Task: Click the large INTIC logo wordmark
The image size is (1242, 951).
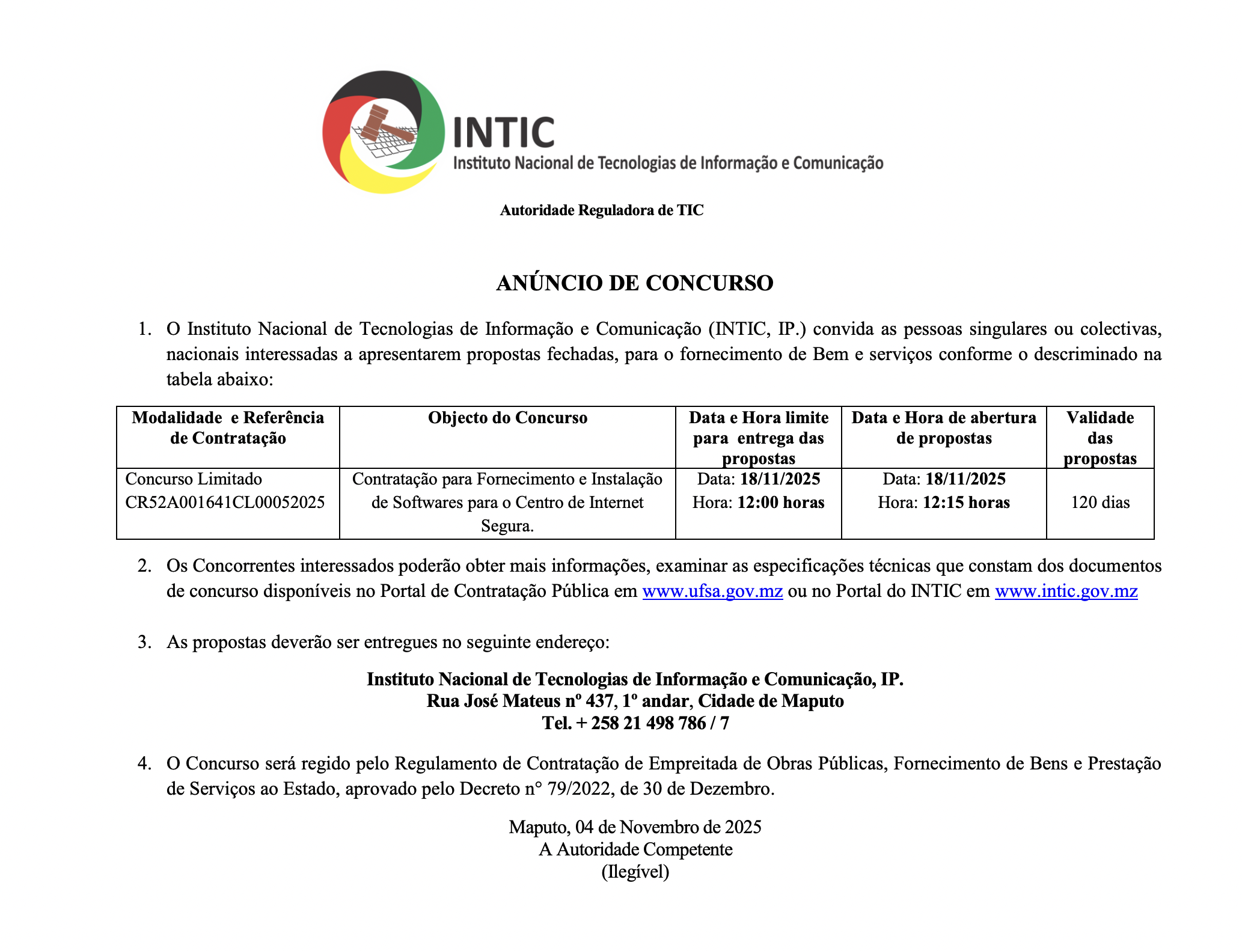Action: click(x=504, y=133)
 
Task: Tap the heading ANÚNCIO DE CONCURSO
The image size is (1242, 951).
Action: click(x=634, y=283)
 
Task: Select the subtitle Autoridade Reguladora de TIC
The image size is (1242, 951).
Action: click(x=601, y=210)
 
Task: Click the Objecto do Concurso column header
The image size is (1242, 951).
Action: click(x=507, y=418)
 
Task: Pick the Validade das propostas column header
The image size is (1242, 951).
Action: click(x=1100, y=438)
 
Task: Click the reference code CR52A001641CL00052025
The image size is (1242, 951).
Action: click(x=225, y=503)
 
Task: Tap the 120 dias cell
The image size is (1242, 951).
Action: click(x=1100, y=503)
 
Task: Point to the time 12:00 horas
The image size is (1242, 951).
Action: click(x=780, y=503)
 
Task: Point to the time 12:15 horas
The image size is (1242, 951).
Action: click(x=965, y=503)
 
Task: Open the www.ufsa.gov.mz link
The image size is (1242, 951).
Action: click(x=712, y=592)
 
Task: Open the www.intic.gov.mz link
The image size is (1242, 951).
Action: click(x=1066, y=592)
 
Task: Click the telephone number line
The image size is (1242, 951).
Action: click(x=635, y=723)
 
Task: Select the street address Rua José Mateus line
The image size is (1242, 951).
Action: click(x=635, y=701)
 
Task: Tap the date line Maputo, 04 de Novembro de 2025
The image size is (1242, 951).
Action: click(x=635, y=827)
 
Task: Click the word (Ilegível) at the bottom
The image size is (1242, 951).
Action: click(x=635, y=872)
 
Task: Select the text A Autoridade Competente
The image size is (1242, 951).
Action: click(x=635, y=849)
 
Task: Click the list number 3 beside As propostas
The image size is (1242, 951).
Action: click(x=144, y=642)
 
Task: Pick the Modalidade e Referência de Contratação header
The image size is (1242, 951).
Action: click(x=228, y=428)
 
